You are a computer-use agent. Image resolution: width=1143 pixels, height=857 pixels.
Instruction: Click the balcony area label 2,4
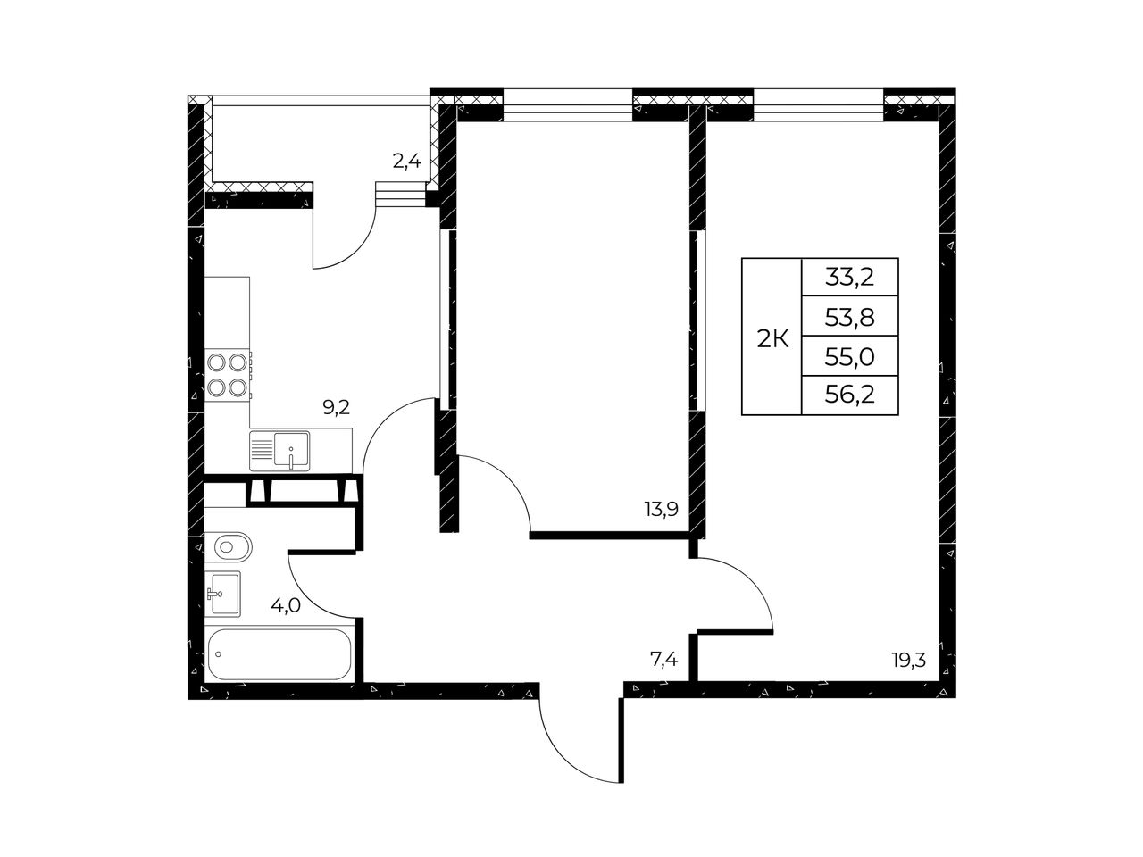(x=406, y=162)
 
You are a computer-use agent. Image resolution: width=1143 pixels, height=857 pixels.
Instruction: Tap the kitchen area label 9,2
(x=336, y=407)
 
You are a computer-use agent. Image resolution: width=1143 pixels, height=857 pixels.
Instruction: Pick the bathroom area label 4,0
(x=286, y=605)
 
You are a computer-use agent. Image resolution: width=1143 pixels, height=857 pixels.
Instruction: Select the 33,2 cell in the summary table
(x=849, y=279)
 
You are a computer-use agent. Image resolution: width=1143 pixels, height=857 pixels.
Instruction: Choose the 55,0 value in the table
(x=849, y=357)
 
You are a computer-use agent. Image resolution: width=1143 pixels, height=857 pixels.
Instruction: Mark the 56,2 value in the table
(x=849, y=395)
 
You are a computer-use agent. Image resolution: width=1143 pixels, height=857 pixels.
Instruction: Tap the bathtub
(x=279, y=654)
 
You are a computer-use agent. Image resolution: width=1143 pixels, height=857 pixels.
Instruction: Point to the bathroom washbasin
(x=223, y=594)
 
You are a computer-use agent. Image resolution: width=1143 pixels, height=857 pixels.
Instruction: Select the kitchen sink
(x=279, y=451)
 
